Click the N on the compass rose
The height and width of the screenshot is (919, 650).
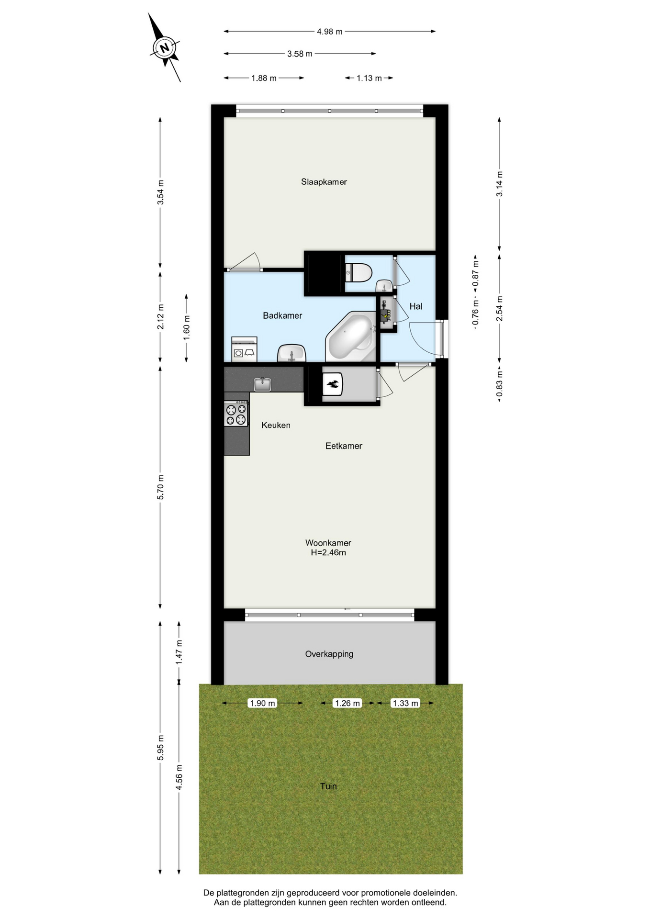click(x=165, y=48)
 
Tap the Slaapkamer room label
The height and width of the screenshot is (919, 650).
click(x=324, y=182)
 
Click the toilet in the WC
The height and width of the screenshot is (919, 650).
click(x=359, y=273)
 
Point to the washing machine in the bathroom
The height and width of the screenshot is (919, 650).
click(x=244, y=349)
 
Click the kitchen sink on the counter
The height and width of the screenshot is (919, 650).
click(x=262, y=384)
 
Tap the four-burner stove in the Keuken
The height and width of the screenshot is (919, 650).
click(x=236, y=414)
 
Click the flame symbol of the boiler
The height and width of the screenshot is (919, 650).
click(x=333, y=384)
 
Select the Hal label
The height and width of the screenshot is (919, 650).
click(x=416, y=306)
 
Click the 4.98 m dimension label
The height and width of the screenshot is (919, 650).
click(x=330, y=32)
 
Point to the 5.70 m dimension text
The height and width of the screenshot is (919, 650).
click(x=161, y=487)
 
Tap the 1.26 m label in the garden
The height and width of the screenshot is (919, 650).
click(x=347, y=703)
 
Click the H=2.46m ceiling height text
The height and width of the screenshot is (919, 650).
click(x=328, y=552)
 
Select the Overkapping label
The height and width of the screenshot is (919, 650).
click(x=329, y=654)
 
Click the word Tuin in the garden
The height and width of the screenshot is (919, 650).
click(x=328, y=786)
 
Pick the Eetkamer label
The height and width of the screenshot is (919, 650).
click(x=344, y=446)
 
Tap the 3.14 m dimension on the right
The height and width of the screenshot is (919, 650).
click(x=499, y=184)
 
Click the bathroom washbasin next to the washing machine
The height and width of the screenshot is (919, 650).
click(x=292, y=353)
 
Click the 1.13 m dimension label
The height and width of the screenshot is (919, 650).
click(x=369, y=78)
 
